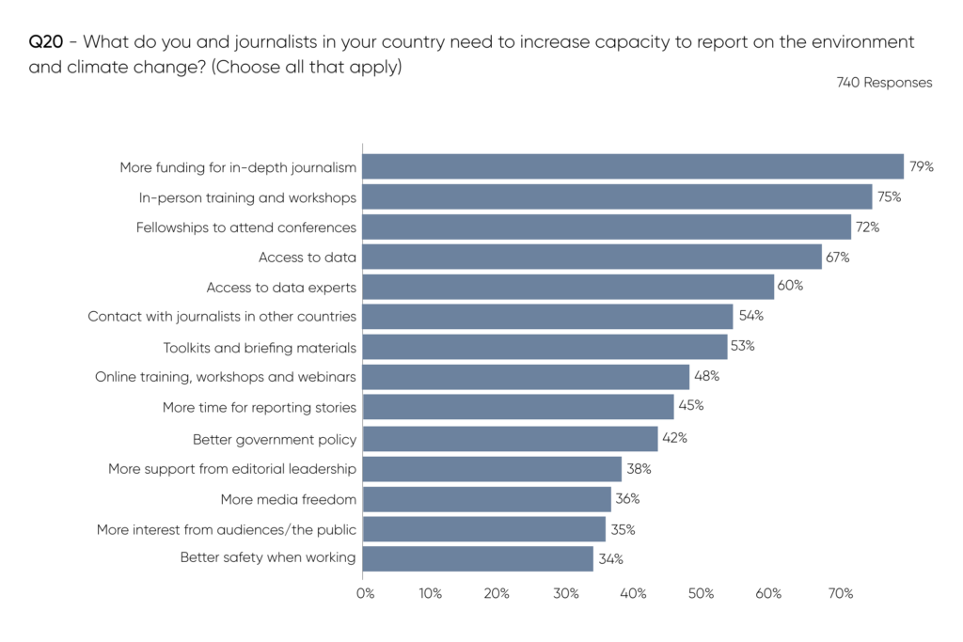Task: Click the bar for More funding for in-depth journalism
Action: tap(632, 166)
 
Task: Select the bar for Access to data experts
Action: tap(568, 287)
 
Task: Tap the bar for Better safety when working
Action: tap(478, 558)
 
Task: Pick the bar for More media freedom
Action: tap(485, 498)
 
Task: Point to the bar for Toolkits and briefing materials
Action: tap(545, 347)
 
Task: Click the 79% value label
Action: tap(921, 167)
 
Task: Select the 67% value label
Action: tap(838, 258)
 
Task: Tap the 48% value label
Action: tap(706, 377)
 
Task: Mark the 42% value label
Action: tap(674, 438)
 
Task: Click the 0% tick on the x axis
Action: tap(365, 594)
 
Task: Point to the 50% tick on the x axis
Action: tap(702, 594)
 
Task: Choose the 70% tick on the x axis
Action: tap(840, 594)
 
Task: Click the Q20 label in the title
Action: tap(46, 43)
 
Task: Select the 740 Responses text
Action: tap(884, 83)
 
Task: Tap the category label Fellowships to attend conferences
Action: tap(246, 227)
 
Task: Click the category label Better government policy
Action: tap(275, 439)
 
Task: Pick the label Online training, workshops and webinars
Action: tap(226, 378)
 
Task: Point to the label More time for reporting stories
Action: tap(260, 408)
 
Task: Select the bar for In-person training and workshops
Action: tap(617, 196)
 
